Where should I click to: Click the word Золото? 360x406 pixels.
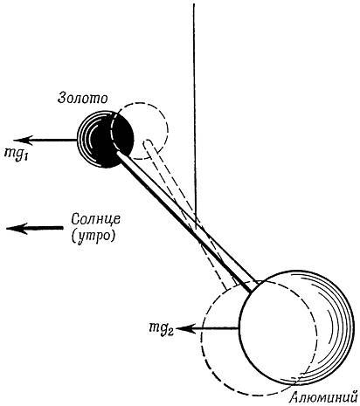coord(83,98)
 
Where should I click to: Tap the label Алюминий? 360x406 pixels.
coord(324,397)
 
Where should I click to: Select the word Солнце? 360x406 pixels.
coord(95,219)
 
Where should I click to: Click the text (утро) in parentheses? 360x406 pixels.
coord(93,236)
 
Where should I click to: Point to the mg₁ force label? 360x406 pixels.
coord(16,152)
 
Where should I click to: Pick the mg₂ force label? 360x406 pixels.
coord(161,328)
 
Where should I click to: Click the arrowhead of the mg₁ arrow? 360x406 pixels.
coord(24,141)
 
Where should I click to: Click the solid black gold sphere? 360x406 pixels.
coord(106,139)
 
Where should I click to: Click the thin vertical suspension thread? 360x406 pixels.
coord(195,112)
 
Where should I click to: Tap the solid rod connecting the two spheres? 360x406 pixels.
coord(186,222)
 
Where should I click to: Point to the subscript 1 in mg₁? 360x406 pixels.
coord(25,155)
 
